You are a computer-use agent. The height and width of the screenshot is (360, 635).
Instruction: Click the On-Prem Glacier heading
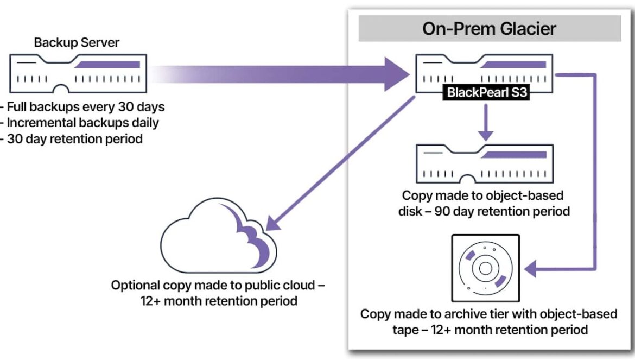click(x=489, y=29)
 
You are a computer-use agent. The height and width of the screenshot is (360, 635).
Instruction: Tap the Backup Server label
click(x=77, y=42)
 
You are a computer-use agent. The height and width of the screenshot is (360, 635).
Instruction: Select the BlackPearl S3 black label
click(x=486, y=92)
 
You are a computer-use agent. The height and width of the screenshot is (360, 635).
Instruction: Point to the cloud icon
click(x=219, y=236)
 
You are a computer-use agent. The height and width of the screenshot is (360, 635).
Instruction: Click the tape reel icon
click(x=486, y=268)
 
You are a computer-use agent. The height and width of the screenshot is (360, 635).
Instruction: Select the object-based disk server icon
click(x=485, y=163)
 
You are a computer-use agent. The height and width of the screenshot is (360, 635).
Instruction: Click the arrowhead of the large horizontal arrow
click(x=397, y=74)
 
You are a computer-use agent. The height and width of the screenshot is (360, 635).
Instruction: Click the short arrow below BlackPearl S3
click(x=486, y=122)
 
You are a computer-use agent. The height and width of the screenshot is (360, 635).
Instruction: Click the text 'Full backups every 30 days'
click(x=86, y=107)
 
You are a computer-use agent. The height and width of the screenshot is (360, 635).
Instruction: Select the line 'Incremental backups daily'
click(x=82, y=123)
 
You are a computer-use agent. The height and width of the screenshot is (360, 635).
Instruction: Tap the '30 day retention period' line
click(x=75, y=139)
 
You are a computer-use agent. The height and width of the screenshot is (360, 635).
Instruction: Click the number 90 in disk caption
click(x=442, y=211)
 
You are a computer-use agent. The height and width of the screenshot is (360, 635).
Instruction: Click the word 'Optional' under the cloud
click(x=135, y=286)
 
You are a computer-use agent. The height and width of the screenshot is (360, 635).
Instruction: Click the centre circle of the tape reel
click(x=486, y=268)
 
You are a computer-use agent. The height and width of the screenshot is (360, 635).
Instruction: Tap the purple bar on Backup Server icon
click(x=107, y=65)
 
